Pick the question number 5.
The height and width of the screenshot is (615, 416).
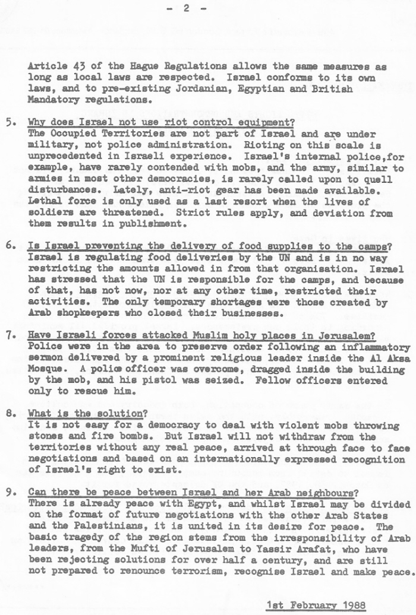(x=10, y=123)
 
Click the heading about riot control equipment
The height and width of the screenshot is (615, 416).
(x=161, y=123)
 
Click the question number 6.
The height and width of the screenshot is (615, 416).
(x=10, y=246)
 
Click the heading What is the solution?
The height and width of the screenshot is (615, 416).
(x=87, y=414)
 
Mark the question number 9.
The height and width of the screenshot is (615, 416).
(x=10, y=493)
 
